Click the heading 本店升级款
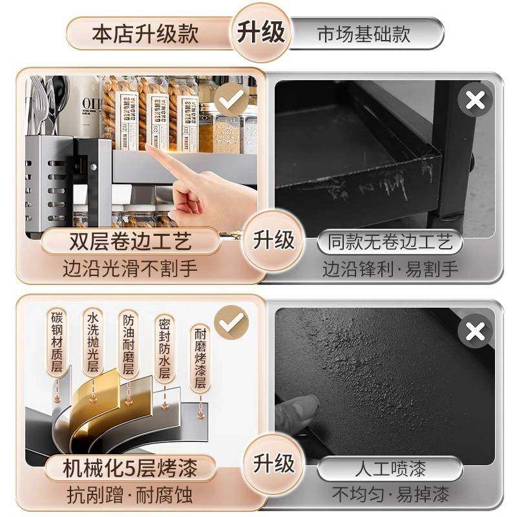[145, 32]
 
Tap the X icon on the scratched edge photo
[475, 100]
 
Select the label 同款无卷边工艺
[390, 243]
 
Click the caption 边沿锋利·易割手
[390, 268]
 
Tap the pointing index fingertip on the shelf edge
[151, 149]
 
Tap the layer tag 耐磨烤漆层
[201, 357]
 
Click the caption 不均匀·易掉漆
[390, 494]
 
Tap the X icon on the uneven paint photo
[475, 332]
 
